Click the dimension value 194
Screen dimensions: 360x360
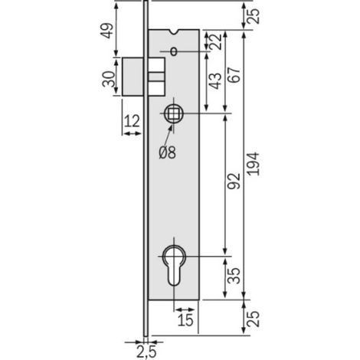[254, 164]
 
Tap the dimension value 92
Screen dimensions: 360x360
[234, 181]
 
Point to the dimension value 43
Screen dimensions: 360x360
[215, 81]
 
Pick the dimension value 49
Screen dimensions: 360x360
[106, 31]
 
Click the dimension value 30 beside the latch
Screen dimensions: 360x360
[108, 79]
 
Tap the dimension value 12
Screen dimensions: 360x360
[132, 121]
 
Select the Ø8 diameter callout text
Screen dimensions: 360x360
[168, 152]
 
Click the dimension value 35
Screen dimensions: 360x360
[234, 276]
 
